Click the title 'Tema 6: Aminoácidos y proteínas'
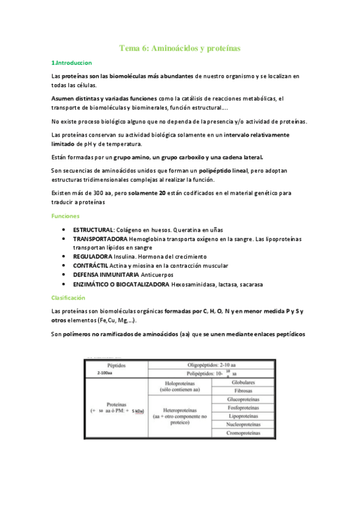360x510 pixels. (x=180, y=48)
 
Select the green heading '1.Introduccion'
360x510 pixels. (x=71, y=63)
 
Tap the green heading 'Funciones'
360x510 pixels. (x=67, y=215)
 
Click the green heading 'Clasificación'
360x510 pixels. (x=69, y=297)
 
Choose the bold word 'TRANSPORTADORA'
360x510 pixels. (x=100, y=239)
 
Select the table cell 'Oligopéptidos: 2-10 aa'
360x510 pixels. (x=210, y=365)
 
